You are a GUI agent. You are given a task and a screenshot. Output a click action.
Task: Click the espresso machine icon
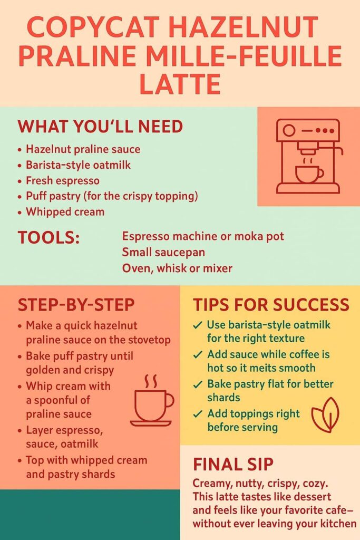(309, 156)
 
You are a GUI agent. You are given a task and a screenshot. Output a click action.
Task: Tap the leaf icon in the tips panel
(325, 414)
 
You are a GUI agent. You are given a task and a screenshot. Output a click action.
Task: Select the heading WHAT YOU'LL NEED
(100, 127)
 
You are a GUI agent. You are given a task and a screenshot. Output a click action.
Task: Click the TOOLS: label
(48, 238)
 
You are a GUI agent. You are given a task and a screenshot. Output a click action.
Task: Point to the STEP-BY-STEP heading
(76, 305)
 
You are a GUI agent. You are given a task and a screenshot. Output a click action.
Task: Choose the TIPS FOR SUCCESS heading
(271, 305)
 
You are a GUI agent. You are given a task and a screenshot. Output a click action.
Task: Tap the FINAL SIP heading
(233, 464)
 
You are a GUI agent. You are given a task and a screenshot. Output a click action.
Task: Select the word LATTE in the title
(180, 84)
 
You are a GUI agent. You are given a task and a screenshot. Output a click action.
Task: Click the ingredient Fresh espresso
(63, 180)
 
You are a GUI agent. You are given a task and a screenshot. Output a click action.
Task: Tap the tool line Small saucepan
(163, 252)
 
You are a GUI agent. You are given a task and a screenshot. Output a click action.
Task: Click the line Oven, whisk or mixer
(177, 268)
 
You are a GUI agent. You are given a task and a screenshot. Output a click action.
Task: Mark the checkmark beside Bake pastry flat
(198, 384)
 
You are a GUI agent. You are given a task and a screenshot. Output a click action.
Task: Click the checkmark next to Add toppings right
(198, 414)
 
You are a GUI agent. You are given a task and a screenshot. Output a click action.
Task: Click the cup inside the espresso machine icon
(309, 174)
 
